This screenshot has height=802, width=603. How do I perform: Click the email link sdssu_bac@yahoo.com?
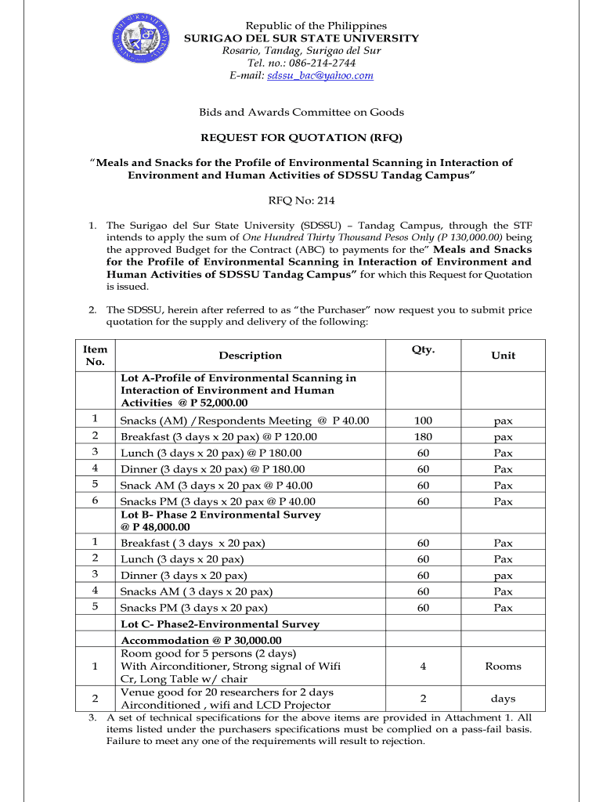click(320, 75)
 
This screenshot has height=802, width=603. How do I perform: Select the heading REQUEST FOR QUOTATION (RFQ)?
click(301, 138)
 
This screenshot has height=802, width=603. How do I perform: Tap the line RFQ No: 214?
click(301, 200)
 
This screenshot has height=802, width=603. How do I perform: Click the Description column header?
click(250, 356)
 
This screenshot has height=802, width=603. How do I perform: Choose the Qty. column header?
click(423, 349)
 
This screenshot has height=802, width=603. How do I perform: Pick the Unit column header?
click(503, 356)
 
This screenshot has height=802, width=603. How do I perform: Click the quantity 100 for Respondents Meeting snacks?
click(423, 421)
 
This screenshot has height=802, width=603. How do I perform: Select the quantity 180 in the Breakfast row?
click(423, 437)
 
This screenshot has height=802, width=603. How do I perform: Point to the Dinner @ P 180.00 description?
click(211, 469)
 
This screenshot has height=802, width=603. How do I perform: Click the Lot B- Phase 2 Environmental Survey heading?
click(220, 515)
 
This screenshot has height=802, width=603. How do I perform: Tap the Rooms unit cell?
click(503, 667)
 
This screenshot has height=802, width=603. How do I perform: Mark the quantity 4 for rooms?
click(423, 667)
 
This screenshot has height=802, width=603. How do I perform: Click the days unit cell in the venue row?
click(503, 699)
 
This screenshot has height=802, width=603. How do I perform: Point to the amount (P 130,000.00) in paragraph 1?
click(460, 237)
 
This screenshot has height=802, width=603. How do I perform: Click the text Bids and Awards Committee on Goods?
click(301, 112)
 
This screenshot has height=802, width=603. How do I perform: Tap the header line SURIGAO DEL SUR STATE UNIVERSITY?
click(301, 38)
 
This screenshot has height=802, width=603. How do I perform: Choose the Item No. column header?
click(95, 356)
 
